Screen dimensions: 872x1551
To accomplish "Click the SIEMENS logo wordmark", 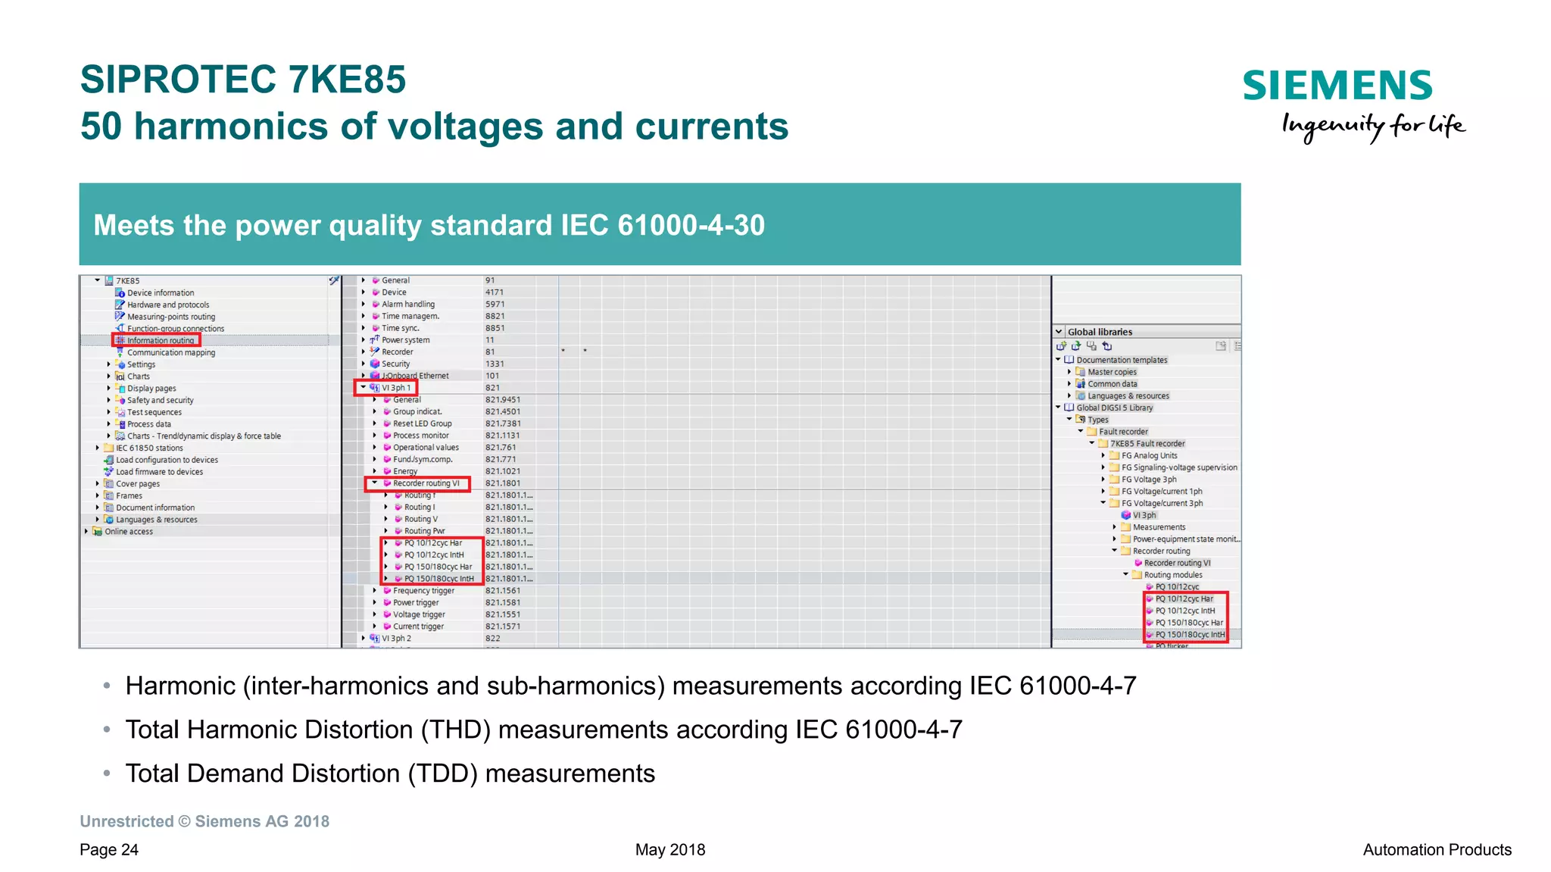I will click(x=1337, y=86).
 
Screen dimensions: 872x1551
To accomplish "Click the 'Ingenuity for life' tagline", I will click(x=1373, y=126).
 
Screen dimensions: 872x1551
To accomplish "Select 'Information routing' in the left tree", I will click(x=161, y=341).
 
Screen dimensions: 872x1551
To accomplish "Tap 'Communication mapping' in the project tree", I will click(x=171, y=353).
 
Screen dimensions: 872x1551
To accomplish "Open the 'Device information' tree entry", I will click(x=161, y=293).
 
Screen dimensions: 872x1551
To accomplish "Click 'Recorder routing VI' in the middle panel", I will click(x=426, y=483).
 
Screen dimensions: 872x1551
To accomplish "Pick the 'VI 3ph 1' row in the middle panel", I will click(x=396, y=388).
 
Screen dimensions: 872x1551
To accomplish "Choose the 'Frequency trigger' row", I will click(x=423, y=591).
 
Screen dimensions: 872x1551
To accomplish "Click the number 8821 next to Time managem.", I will click(x=495, y=317).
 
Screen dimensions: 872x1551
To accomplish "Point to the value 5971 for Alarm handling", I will click(x=495, y=305).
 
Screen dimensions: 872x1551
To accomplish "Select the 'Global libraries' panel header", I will click(x=1100, y=332).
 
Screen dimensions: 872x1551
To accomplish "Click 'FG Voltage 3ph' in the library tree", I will click(x=1149, y=480).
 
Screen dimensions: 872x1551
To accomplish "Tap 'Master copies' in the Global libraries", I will click(x=1112, y=372).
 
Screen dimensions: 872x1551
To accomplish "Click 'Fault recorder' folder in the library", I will click(x=1123, y=432).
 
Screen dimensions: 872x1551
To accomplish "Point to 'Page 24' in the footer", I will click(x=109, y=850).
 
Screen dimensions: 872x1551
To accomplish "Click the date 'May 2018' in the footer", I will click(x=670, y=850).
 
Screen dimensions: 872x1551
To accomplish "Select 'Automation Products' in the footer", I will click(x=1437, y=850).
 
